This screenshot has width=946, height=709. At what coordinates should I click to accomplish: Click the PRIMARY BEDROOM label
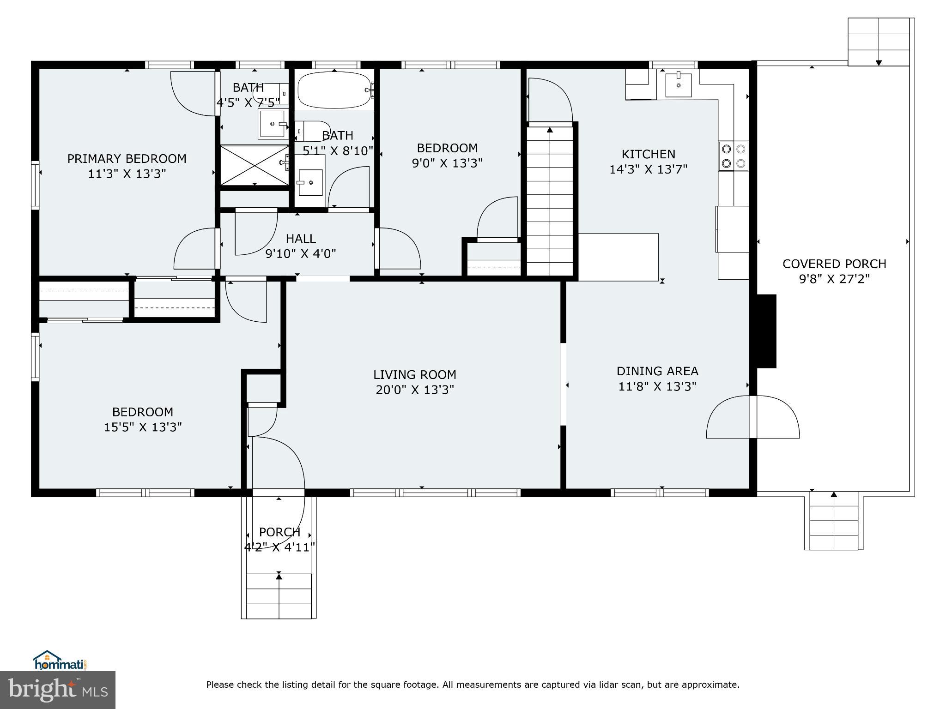tap(127, 159)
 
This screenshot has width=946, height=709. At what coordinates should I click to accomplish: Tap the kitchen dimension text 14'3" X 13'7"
tap(648, 169)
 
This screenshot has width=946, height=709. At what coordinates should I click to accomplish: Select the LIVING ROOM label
tap(414, 375)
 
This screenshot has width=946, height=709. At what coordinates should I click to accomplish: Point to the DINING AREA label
tap(657, 371)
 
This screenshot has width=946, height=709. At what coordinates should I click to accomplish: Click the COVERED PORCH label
tap(834, 264)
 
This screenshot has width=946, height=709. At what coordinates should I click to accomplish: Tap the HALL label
tap(301, 239)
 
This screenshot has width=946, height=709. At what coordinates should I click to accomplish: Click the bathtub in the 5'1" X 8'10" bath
tap(334, 90)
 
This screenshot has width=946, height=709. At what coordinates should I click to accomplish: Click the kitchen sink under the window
tap(678, 85)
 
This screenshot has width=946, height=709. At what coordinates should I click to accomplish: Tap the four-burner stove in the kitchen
tap(734, 156)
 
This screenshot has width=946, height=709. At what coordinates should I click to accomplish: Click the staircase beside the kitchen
tap(550, 198)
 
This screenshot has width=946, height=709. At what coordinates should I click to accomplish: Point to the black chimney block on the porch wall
tap(767, 331)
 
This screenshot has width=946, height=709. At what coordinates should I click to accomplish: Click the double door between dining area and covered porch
tap(753, 417)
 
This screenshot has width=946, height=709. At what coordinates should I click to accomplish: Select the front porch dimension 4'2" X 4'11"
tap(279, 547)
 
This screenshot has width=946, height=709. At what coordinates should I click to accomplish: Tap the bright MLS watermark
tap(58, 690)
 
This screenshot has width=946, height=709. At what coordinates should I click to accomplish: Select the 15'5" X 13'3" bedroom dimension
tap(142, 427)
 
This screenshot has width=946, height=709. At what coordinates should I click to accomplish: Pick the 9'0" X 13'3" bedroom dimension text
tap(447, 163)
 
